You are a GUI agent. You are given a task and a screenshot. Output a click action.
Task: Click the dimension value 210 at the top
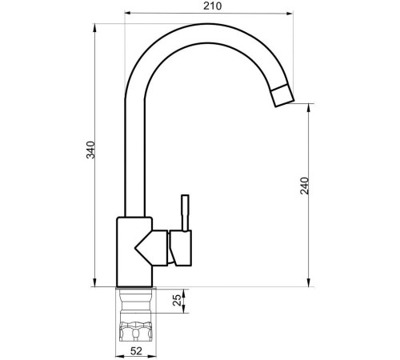pos(211,6)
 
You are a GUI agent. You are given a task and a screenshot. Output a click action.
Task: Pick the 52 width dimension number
pos(136,351)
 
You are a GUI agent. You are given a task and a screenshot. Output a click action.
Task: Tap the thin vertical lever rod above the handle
pos(183,212)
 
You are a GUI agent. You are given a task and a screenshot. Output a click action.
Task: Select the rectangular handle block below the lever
pos(182,247)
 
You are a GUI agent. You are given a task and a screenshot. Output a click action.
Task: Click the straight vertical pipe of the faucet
pos(134,160)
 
